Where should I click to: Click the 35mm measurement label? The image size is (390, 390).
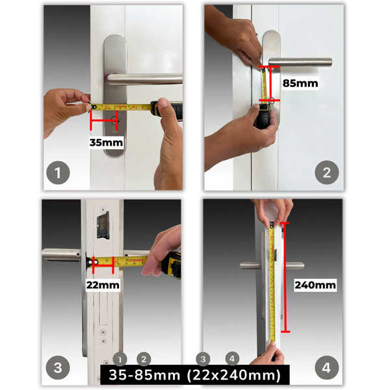(x=105, y=142)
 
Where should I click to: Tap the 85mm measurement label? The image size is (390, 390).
(x=300, y=83)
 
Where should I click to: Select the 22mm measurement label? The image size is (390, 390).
(x=103, y=284)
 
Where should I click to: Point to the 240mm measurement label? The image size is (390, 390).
(x=315, y=285)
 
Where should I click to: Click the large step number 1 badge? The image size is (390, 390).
(x=58, y=173)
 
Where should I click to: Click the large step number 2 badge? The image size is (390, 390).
(x=326, y=173)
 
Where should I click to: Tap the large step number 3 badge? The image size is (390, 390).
(x=58, y=368)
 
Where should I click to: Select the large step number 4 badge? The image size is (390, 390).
(x=326, y=368)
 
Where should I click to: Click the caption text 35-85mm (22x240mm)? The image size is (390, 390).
(x=195, y=375)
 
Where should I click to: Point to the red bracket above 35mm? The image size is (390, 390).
(x=105, y=120)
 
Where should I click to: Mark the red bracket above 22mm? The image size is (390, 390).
(x=103, y=263)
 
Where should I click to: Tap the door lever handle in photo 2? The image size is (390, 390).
(x=299, y=62)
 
